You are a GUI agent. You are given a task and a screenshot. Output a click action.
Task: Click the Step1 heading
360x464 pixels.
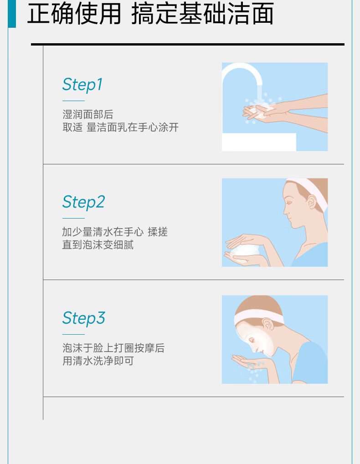82,85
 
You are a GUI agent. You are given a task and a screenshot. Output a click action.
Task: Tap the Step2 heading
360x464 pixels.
83,202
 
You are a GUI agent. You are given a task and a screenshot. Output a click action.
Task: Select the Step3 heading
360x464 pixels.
83,318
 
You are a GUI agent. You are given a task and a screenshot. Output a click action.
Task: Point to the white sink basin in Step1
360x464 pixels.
259,142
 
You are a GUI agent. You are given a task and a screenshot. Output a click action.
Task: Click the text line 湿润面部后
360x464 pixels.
88,114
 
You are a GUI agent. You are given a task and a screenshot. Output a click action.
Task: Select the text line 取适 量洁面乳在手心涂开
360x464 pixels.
120,127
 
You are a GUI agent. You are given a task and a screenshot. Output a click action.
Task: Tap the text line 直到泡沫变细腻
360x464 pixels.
98,245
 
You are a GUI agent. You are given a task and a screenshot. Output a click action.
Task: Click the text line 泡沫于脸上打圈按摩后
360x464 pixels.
113,348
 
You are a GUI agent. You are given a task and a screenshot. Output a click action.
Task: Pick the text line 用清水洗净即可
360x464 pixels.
98,361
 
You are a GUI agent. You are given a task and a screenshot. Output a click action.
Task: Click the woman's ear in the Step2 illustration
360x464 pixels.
312,202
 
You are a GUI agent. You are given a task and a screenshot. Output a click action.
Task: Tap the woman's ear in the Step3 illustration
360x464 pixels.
268,324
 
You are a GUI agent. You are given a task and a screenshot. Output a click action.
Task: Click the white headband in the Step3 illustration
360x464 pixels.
257,316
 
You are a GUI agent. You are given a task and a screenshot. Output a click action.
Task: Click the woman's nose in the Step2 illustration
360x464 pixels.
285,211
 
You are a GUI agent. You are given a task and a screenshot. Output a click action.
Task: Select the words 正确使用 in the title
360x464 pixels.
74,14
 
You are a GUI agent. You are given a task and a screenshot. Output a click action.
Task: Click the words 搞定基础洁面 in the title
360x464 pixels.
202,14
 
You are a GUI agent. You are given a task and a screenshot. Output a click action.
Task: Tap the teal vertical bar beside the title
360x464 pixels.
12,14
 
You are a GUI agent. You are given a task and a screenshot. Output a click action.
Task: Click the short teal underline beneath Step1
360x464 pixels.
73,101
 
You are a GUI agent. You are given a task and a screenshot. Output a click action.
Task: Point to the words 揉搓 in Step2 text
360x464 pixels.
158,232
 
